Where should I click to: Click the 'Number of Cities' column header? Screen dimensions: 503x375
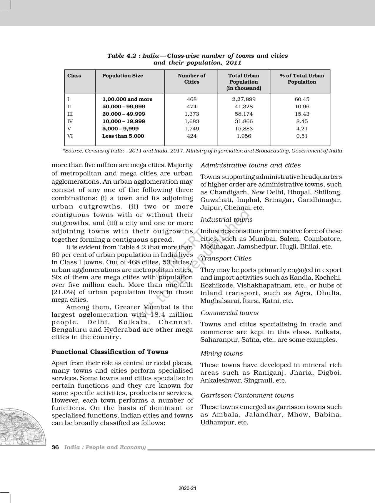191,79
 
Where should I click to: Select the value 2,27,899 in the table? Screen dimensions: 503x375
244,99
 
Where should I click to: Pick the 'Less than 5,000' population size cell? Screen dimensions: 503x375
123,136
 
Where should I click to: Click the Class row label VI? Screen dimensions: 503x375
70,136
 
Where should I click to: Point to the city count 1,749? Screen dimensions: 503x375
192,129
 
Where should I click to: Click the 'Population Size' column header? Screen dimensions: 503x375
122,76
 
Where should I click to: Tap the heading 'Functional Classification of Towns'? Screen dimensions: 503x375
110,352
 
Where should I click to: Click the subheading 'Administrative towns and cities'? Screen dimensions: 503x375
251,165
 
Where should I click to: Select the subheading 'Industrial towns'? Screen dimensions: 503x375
226,220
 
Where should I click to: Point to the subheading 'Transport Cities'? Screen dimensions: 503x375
226,258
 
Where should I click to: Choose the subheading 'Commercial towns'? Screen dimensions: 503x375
229,313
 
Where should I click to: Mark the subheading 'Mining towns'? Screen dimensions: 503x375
222,353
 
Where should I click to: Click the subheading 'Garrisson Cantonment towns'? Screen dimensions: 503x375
247,395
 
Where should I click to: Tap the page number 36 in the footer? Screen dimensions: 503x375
55,447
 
